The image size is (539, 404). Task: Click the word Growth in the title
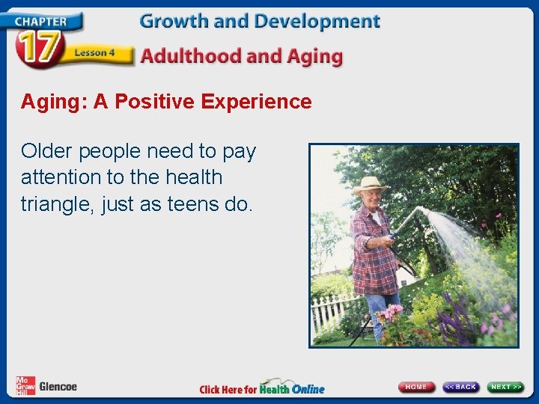click(174, 21)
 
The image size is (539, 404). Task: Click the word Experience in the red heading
click(256, 102)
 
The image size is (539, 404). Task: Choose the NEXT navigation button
click(506, 387)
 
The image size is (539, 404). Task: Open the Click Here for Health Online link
click(262, 388)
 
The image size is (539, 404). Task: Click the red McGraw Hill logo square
click(25, 386)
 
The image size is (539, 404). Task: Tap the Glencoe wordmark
click(58, 387)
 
